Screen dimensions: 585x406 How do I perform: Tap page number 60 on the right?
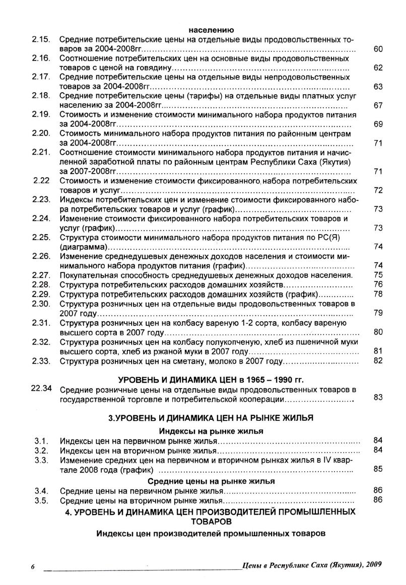pyautogui.click(x=378, y=49)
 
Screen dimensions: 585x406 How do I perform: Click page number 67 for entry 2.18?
pyautogui.click(x=378, y=106)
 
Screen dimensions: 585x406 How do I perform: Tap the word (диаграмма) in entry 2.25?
pyautogui.click(x=83, y=247)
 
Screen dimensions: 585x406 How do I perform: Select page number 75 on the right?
pyautogui.click(x=378, y=275)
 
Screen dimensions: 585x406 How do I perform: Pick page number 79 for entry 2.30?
pyautogui.click(x=378, y=313)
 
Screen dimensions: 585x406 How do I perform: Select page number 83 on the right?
pyautogui.click(x=378, y=398)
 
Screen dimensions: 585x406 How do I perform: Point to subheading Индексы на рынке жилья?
pyautogui.click(x=211, y=431)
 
